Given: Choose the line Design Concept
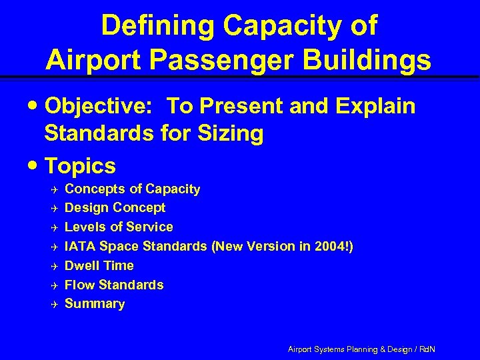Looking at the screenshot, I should click(115, 208).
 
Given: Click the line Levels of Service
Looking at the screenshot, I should click(119, 227).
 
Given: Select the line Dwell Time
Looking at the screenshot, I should click(99, 265).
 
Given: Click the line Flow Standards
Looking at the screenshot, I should click(113, 285).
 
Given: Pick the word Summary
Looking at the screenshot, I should click(94, 304).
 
